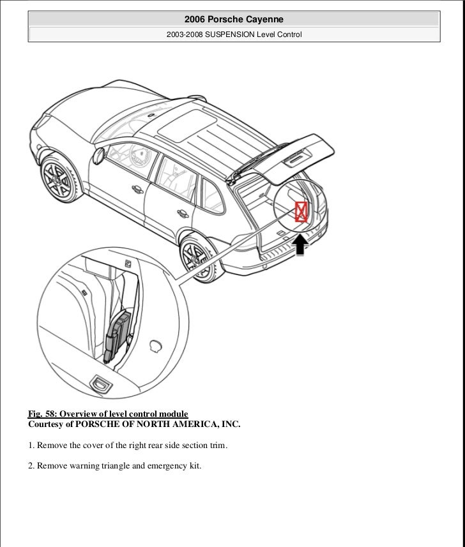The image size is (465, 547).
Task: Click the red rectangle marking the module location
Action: pos(301,211)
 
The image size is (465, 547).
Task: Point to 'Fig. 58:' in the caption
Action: pos(42,414)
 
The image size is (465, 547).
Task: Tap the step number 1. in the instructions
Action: pos(31,445)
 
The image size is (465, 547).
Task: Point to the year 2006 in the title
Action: pos(195,20)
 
